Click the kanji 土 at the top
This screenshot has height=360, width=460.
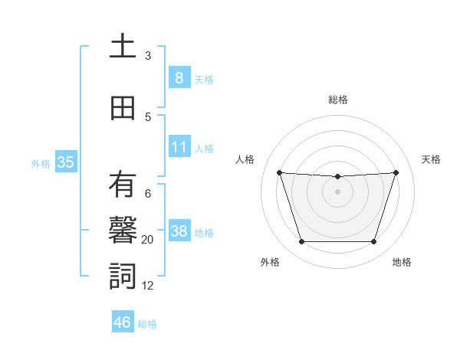pos(123,46)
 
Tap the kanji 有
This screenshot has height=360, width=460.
pos(123,185)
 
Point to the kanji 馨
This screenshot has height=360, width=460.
pos(123,231)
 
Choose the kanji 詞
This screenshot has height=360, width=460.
pos(123,276)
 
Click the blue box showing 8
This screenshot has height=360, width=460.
pos(179,77)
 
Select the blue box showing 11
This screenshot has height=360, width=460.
pos(179,146)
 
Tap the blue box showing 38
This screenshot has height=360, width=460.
pos(179,231)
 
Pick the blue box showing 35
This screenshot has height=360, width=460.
pos(65,162)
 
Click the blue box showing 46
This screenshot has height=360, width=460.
pos(123,322)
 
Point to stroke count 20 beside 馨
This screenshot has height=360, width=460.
pos(148,240)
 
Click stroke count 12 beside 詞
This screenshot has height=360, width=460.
pos(148,286)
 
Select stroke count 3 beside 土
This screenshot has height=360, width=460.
pos(148,56)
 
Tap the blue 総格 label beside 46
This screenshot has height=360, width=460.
pos(147,324)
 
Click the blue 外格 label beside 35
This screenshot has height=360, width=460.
pos(40,163)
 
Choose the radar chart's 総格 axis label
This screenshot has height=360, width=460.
pos(338,100)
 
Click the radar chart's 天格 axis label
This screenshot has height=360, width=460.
pos(431,159)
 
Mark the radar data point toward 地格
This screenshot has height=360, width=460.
pos(373,242)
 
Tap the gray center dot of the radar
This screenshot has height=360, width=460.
pos(338,191)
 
